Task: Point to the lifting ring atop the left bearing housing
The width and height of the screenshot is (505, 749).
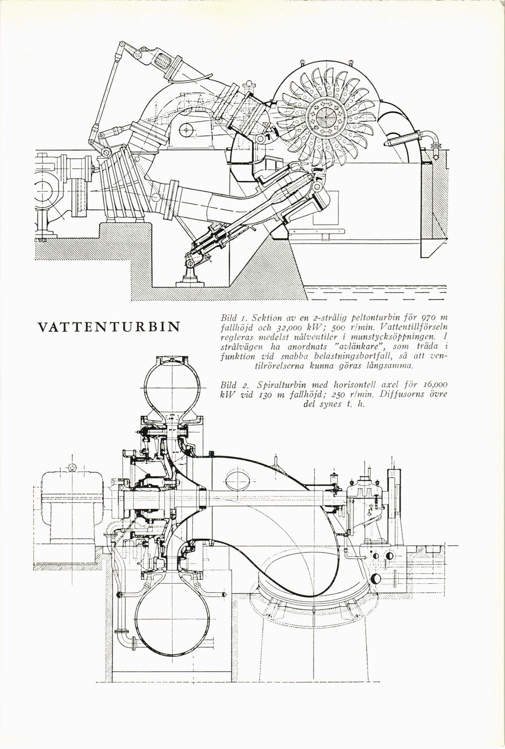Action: coord(72,467)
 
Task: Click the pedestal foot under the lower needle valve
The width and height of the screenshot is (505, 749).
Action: coord(190,278)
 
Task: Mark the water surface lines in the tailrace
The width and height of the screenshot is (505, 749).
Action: coord(377,293)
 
